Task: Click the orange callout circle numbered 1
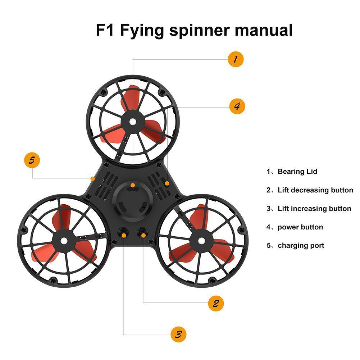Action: [236, 59]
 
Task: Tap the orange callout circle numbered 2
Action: [216, 304]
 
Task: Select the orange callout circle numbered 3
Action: [178, 334]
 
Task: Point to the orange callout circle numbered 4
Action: [237, 106]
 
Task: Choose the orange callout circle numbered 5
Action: [32, 160]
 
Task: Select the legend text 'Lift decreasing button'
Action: [315, 190]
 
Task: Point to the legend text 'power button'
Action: [300, 227]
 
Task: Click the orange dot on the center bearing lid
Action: [133, 186]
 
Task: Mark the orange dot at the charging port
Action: [93, 178]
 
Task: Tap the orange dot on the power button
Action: [167, 183]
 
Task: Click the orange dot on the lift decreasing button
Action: [143, 235]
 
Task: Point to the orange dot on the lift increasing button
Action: [124, 235]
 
